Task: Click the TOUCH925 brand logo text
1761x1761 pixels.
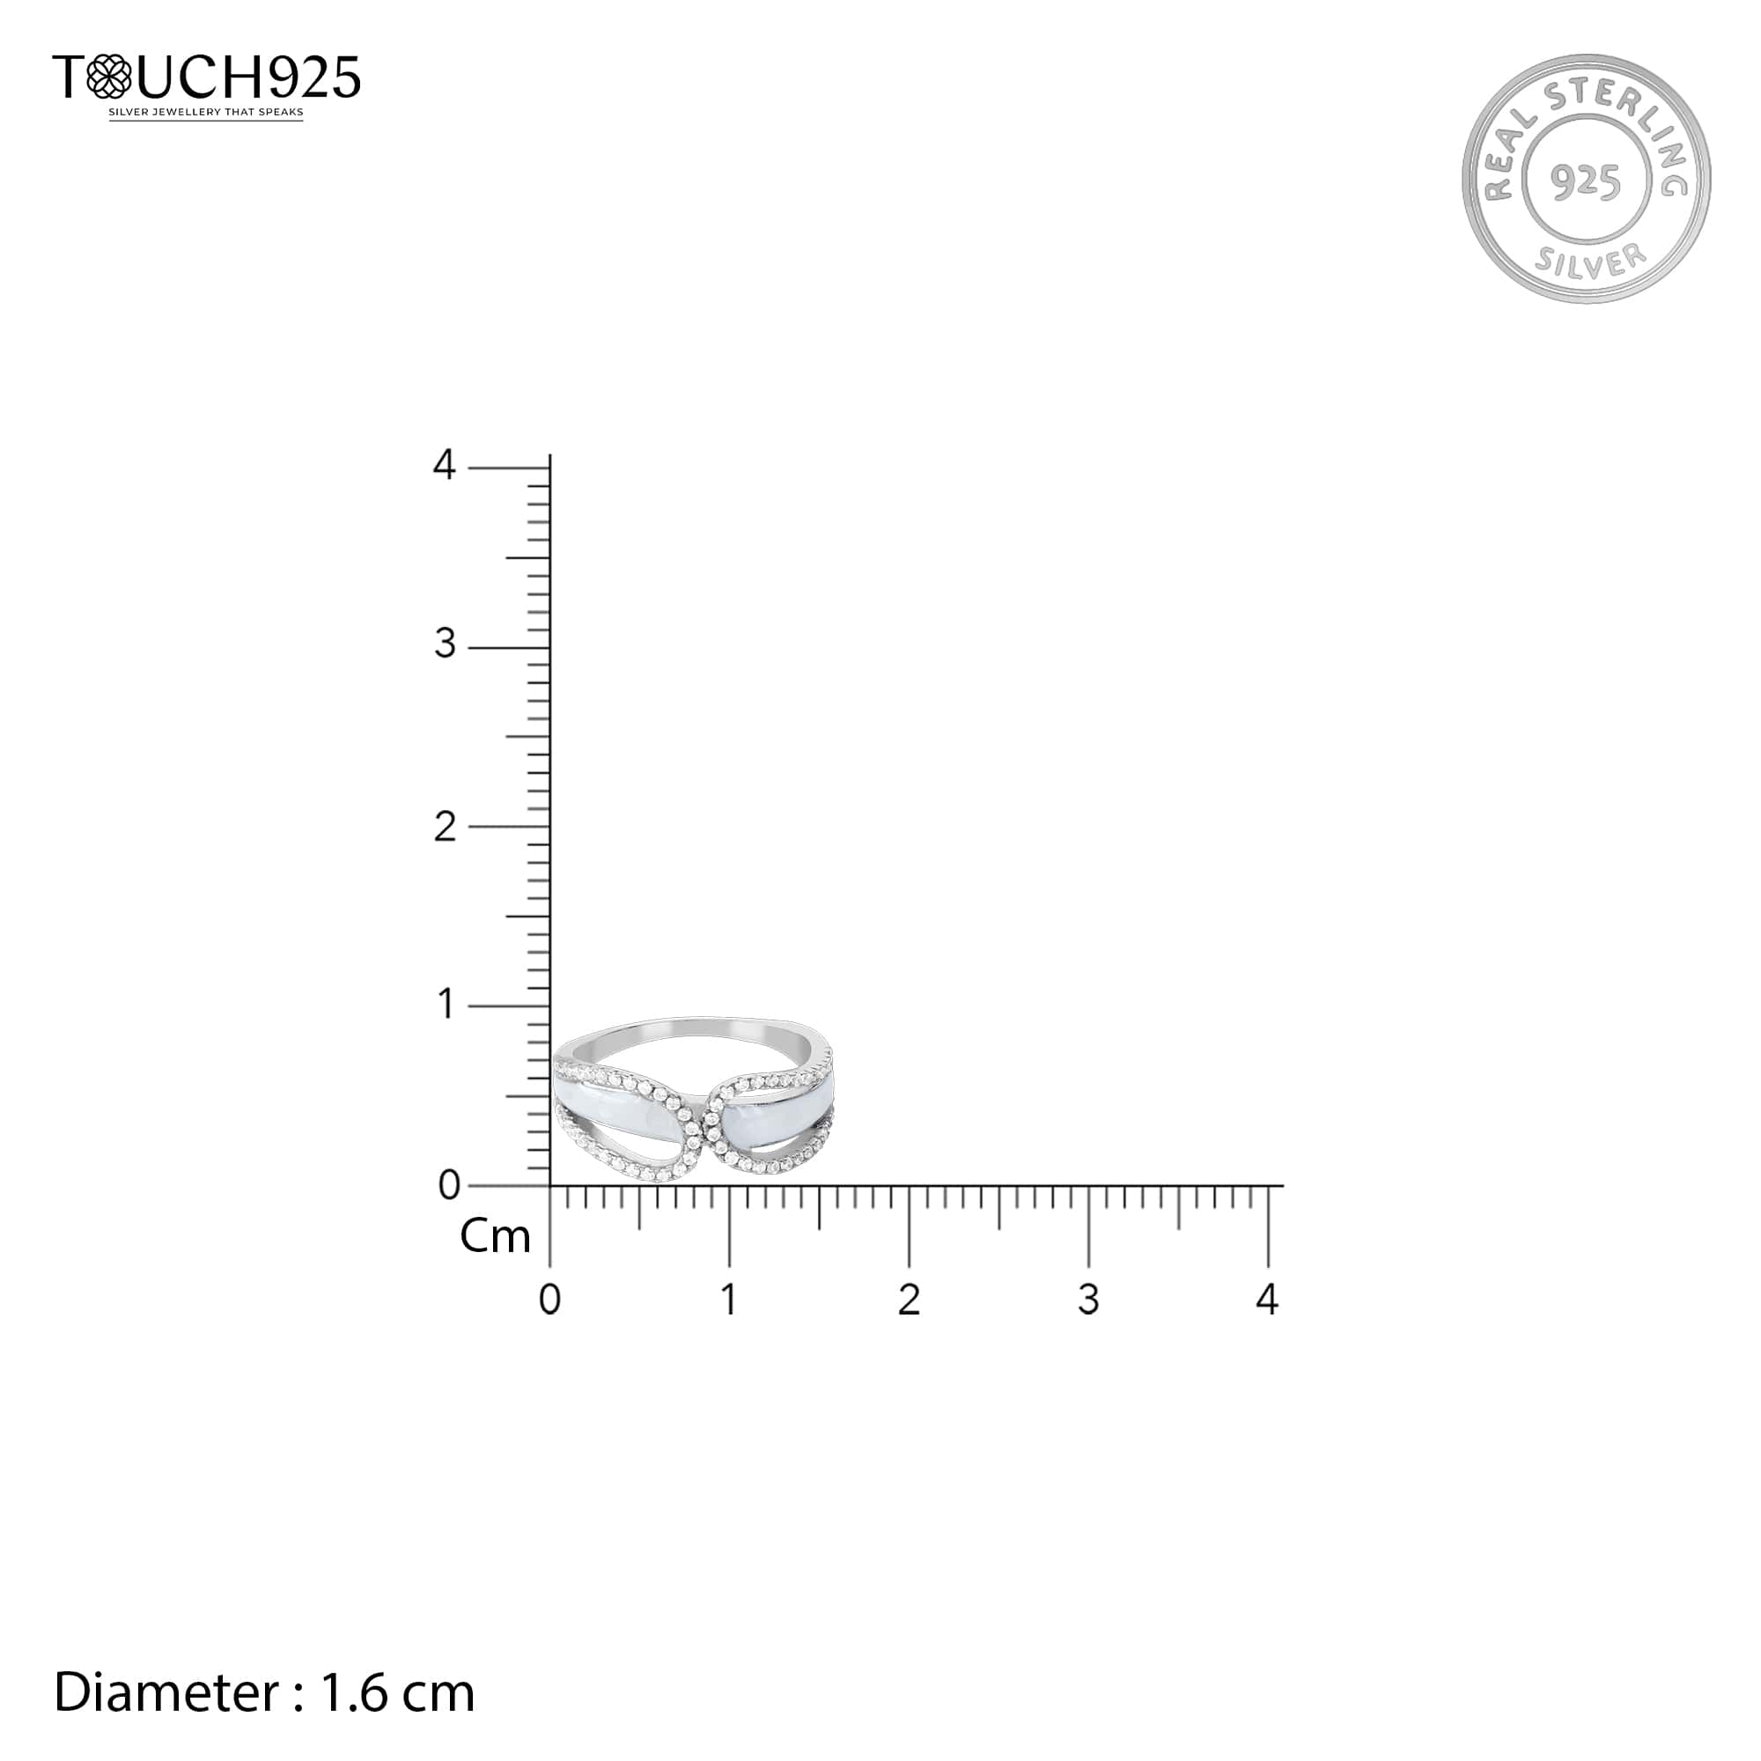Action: click(x=207, y=77)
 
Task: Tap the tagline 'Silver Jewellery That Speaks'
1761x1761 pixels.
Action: click(x=206, y=113)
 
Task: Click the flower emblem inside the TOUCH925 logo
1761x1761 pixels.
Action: click(x=109, y=77)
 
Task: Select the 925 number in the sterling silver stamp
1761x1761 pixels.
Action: click(x=1586, y=181)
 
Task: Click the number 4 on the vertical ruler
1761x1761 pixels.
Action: click(x=444, y=465)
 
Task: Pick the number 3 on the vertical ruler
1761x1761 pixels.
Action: click(x=445, y=645)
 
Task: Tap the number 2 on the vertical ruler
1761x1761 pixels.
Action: click(x=445, y=827)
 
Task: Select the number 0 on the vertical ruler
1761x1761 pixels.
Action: click(x=449, y=1185)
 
